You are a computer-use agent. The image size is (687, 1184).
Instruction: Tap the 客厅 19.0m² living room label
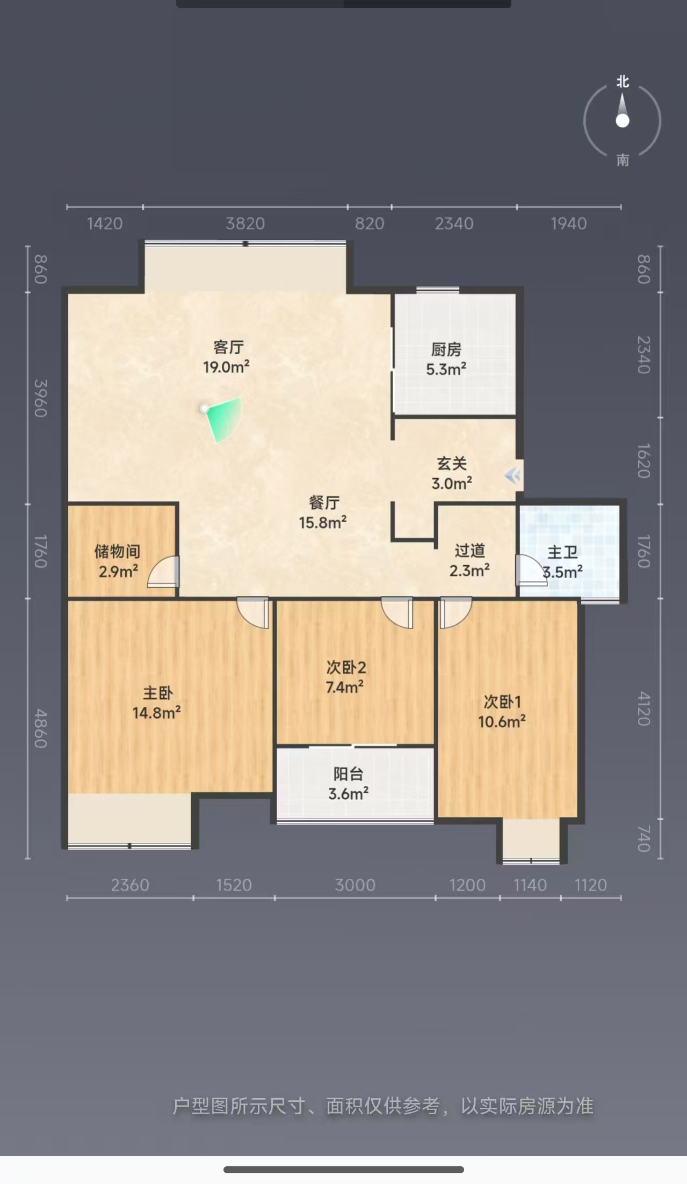point(227,357)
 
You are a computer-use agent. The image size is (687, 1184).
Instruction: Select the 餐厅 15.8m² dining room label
point(323,513)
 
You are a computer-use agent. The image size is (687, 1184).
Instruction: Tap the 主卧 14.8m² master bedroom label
point(157,703)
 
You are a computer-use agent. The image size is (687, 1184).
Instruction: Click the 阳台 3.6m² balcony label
point(349,784)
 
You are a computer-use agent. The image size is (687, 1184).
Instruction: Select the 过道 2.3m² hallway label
point(469,560)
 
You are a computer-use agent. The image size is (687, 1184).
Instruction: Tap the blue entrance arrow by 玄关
point(513,475)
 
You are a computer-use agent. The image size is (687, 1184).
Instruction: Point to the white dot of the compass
point(623,121)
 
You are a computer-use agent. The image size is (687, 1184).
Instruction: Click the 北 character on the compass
point(623,82)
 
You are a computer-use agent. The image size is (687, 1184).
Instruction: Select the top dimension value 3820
point(245,223)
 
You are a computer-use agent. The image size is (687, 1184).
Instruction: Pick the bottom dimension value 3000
point(355,885)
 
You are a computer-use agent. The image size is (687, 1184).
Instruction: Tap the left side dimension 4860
point(41,728)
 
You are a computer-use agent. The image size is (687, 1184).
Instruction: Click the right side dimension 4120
point(644,708)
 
